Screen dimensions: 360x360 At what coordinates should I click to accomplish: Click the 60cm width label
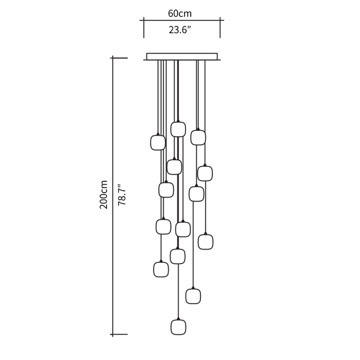[x=180, y=14]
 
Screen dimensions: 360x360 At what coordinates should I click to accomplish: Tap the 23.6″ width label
[x=180, y=30]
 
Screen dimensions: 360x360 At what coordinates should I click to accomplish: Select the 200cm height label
[x=103, y=194]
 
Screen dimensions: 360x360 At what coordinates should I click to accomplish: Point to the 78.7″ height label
[x=122, y=194]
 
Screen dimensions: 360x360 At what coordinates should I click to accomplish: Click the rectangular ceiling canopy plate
[x=182, y=56]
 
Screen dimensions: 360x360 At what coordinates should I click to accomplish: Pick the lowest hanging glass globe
[x=178, y=327]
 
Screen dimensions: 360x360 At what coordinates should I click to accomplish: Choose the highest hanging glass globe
[x=178, y=129]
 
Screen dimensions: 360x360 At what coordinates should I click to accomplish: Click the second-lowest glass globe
[x=193, y=296]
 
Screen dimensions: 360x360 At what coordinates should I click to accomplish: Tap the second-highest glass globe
[x=198, y=137]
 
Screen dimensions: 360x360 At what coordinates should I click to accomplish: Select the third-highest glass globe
[x=158, y=143]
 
